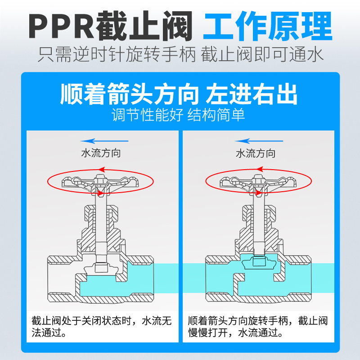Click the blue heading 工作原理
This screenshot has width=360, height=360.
267,26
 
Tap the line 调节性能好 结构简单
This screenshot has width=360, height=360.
179,115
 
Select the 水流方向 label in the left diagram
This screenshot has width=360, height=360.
101,153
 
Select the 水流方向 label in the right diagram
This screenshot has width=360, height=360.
256,153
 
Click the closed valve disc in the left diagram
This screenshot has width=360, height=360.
102,268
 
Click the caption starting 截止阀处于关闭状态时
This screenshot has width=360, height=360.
102,327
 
